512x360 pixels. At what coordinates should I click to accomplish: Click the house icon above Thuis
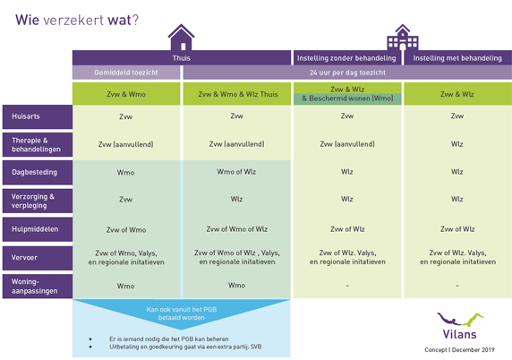point(181,38)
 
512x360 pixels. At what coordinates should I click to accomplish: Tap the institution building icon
point(403,38)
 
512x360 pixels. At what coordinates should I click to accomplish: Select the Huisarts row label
point(38,116)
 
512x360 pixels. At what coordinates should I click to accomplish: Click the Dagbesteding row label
point(38,172)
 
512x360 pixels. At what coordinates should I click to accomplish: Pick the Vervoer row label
point(38,258)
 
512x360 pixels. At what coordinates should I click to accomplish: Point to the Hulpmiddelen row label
point(38,229)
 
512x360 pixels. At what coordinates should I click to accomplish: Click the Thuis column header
point(182,58)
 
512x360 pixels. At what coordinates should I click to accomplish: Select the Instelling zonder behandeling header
point(346,58)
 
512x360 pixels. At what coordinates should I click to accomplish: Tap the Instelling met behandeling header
point(457,58)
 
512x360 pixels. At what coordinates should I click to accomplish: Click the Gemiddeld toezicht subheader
point(126,73)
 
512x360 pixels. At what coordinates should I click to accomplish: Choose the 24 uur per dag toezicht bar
point(347,73)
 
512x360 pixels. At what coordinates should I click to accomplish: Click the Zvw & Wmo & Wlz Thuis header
point(237,94)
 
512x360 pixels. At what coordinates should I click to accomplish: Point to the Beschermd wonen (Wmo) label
point(347,99)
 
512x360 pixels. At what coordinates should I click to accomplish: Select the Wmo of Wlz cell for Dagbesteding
point(236,172)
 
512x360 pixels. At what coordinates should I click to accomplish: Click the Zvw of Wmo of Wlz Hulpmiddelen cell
point(236,229)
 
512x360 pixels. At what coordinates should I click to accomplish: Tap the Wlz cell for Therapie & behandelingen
point(457,144)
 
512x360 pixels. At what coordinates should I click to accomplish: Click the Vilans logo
point(460,326)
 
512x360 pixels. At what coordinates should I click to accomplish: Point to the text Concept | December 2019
point(459,350)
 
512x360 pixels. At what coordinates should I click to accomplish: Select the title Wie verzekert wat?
point(77,21)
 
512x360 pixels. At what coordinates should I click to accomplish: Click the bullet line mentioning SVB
point(185,347)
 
